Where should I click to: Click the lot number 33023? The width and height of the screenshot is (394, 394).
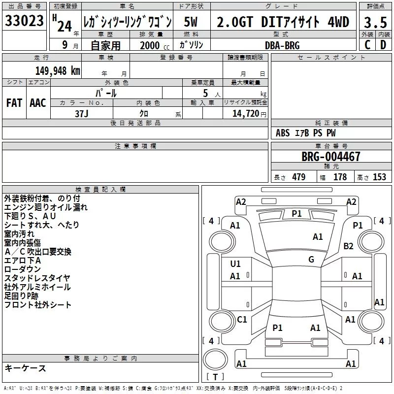24,21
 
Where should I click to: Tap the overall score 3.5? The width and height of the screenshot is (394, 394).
375,23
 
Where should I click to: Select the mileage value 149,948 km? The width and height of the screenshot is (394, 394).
58,71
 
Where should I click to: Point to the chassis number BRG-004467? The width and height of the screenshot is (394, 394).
331,157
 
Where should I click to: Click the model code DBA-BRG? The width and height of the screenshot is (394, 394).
282,45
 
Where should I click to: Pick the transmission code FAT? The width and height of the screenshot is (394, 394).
14,103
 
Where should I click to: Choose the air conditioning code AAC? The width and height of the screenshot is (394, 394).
38,103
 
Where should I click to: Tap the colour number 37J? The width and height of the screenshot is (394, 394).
82,114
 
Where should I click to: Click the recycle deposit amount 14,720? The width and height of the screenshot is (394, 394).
246,114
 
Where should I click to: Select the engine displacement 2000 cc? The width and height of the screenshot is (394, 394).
155,45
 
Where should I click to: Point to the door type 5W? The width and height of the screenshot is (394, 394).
191,22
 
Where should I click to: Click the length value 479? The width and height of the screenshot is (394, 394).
299,177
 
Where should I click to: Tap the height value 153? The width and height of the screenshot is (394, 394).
379,177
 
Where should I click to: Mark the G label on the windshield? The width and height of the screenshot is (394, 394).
311,260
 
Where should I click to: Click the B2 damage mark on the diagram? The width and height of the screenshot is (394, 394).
349,246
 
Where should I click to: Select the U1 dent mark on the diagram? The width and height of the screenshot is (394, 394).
235,264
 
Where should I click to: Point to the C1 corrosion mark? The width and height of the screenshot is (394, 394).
242,320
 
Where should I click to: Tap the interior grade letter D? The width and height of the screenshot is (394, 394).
383,45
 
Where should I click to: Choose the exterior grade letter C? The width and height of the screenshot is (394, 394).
367,45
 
